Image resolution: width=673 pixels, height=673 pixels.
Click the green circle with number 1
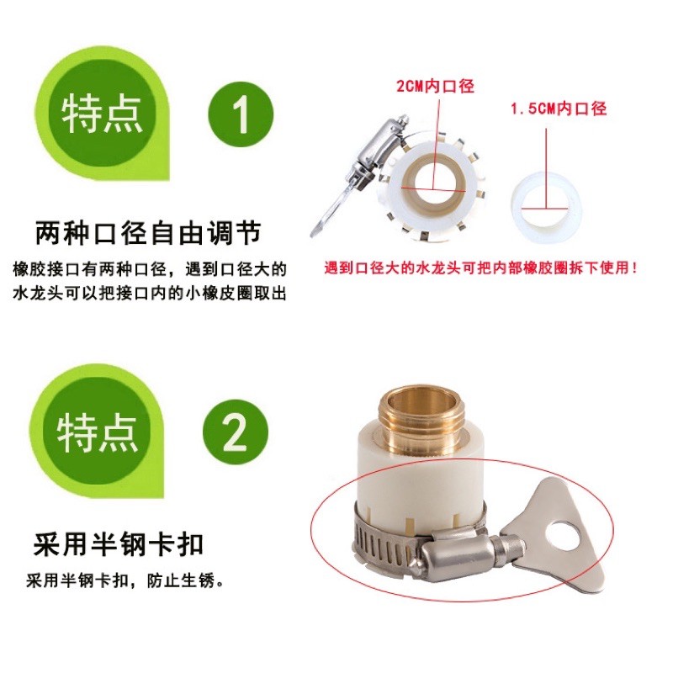coord(241,114)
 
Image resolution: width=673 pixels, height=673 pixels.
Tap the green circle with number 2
coord(236,432)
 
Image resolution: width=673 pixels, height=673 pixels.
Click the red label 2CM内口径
coord(435,86)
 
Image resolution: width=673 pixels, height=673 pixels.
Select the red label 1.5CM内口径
coord(559,109)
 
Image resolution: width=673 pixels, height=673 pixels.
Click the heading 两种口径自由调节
coord(148,233)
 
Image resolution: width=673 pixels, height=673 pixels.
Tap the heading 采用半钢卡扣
coord(119,544)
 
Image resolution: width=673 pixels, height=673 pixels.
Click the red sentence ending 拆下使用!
coord(480,268)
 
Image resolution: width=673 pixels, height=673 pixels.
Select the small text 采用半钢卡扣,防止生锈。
coord(125,581)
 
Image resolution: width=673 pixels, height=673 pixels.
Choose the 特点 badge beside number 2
coord(97,432)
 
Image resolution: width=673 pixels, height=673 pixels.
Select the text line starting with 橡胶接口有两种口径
coord(150,269)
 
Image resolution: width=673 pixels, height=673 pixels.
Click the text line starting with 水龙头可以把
coord(150,294)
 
